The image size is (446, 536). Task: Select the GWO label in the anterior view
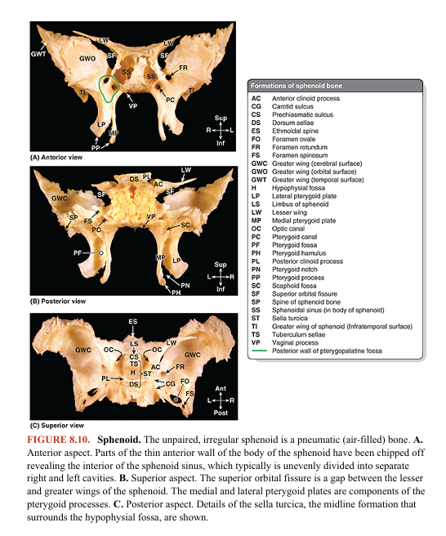pyautogui.click(x=87, y=60)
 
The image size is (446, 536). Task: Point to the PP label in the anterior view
pyautogui.click(x=96, y=148)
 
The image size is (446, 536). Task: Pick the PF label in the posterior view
pyautogui.click(x=78, y=253)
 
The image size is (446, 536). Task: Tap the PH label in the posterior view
pyautogui.click(x=176, y=292)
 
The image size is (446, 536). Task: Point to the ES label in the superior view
pyautogui.click(x=133, y=322)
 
